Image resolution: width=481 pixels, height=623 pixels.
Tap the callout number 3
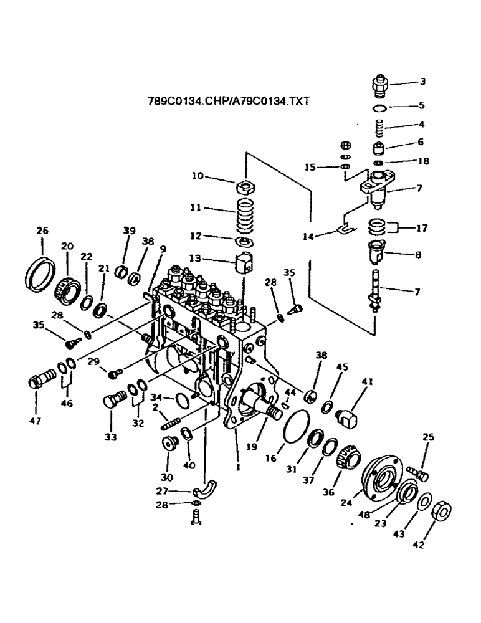pyautogui.click(x=422, y=82)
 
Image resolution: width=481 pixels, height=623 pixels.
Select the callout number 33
pyautogui.click(x=111, y=437)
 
